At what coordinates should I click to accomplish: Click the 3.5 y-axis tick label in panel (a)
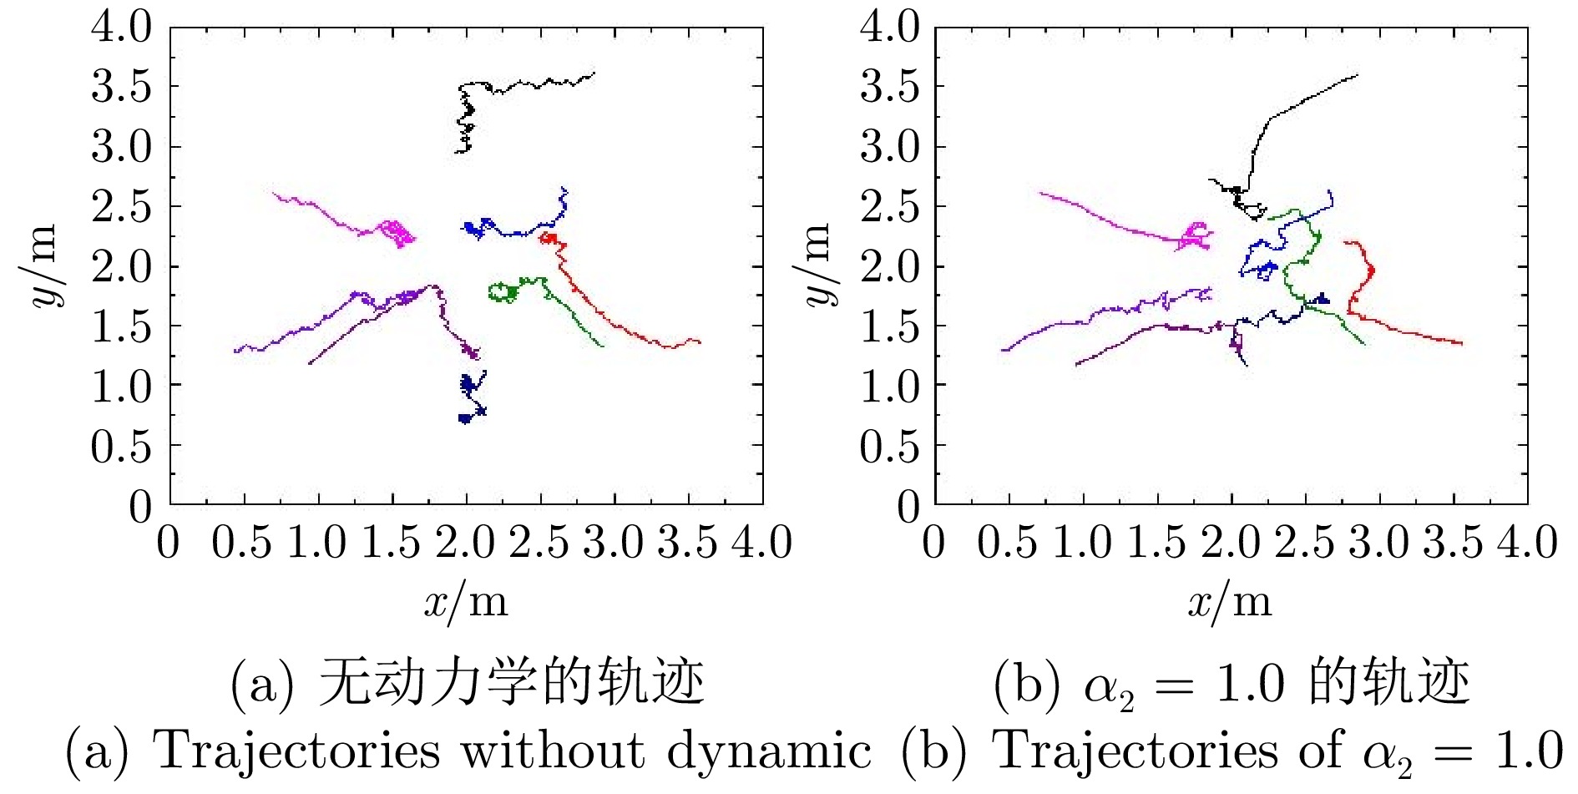[x=122, y=87]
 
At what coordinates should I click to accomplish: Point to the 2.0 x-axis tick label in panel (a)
[x=465, y=543]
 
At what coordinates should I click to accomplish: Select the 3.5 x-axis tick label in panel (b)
[x=1453, y=543]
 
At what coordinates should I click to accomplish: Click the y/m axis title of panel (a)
[x=41, y=266]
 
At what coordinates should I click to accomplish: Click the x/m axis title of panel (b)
[x=1230, y=602]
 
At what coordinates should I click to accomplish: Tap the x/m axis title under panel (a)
[x=465, y=602]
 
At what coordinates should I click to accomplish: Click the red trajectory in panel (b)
[x=1411, y=333]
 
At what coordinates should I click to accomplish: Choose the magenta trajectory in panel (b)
[x=1102, y=214]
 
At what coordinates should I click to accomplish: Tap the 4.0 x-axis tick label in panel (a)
[x=761, y=543]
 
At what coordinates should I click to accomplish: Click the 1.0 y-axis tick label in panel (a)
[x=122, y=387]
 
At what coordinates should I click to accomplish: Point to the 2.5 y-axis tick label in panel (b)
[x=890, y=207]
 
